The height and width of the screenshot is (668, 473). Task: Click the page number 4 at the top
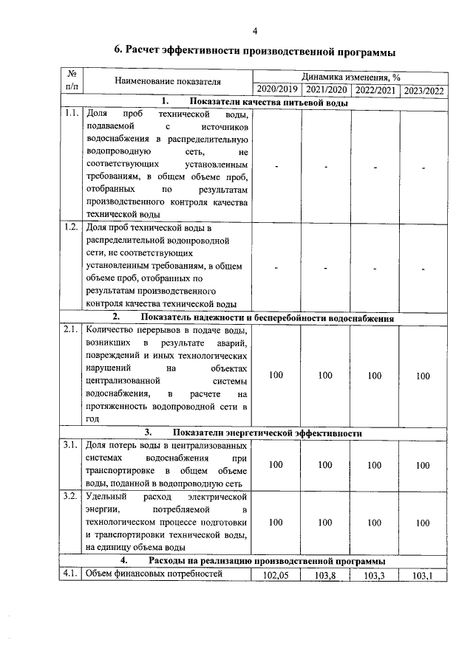[x=255, y=30]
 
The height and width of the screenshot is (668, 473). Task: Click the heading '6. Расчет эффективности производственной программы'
[x=254, y=51]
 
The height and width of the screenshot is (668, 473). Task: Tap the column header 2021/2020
[x=325, y=90]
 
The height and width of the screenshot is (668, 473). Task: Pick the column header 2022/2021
[x=374, y=90]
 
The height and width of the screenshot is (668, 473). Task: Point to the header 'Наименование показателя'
[x=167, y=83]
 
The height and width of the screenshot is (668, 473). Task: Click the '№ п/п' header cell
[x=72, y=81]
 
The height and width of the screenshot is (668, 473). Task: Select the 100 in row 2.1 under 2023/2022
[x=423, y=376]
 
